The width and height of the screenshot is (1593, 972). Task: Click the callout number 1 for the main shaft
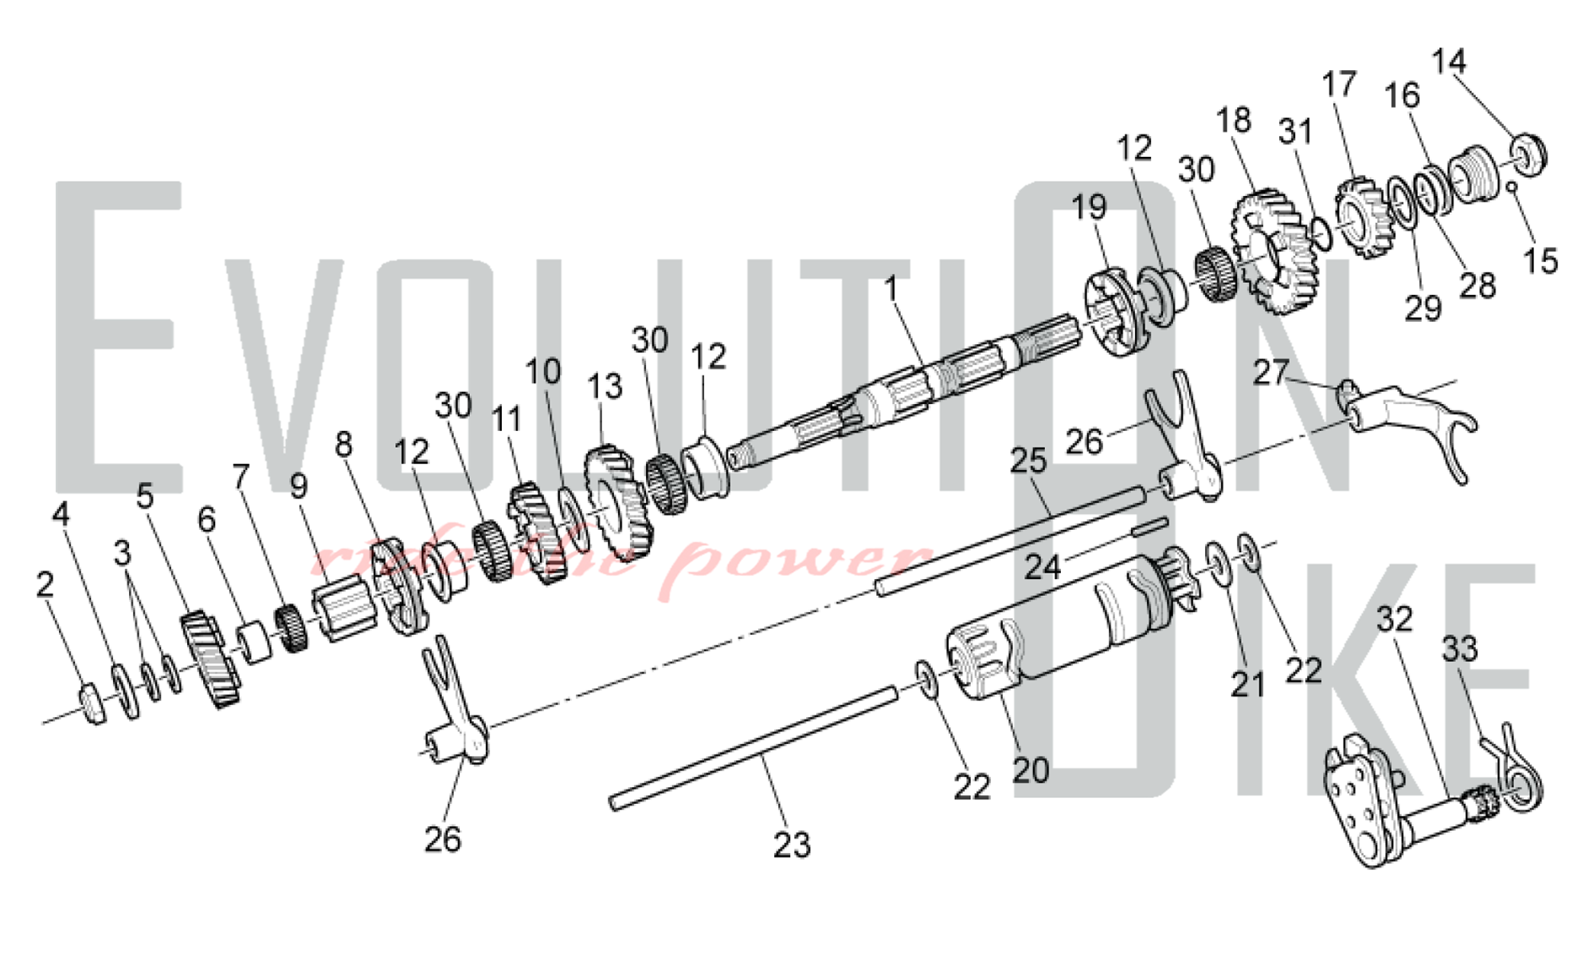pyautogui.click(x=891, y=288)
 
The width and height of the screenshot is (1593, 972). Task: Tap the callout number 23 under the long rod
pyautogui.click(x=792, y=845)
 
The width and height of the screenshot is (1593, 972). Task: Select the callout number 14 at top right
pyautogui.click(x=1448, y=61)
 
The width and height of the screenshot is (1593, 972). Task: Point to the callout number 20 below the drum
pyautogui.click(x=1031, y=770)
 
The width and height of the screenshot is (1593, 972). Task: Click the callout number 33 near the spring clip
pyautogui.click(x=1459, y=649)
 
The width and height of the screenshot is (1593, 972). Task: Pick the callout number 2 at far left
pyautogui.click(x=45, y=584)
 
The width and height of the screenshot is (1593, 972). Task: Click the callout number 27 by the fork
pyautogui.click(x=1270, y=372)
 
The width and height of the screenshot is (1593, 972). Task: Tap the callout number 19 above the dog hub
pyautogui.click(x=1089, y=207)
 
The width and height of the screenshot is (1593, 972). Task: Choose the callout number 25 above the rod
pyautogui.click(x=1027, y=461)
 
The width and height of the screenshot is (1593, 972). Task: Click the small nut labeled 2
pyautogui.click(x=93, y=704)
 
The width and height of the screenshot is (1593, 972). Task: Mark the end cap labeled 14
pyautogui.click(x=1528, y=155)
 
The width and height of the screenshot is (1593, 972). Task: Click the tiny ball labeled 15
pyautogui.click(x=1511, y=187)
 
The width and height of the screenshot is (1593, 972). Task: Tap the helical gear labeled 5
pyautogui.click(x=211, y=658)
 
